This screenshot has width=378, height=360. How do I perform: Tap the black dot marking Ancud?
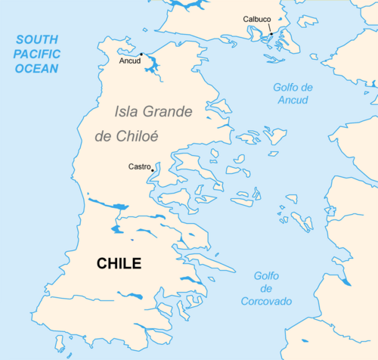click(x=141, y=54)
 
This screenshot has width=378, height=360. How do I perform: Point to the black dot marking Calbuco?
click(x=271, y=34)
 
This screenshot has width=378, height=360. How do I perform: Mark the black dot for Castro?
click(x=152, y=169)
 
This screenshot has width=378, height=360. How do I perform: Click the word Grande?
click(x=168, y=112)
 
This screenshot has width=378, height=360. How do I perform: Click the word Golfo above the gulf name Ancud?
click(x=294, y=87)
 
